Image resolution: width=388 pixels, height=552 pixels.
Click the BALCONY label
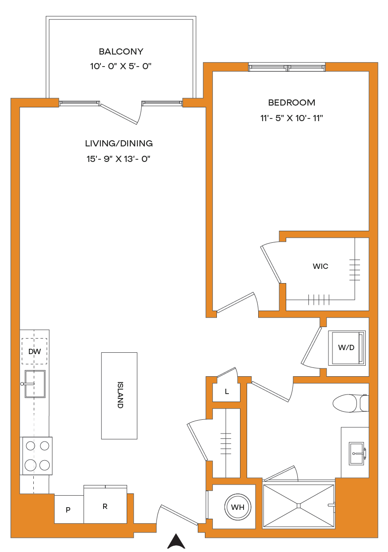[x=121, y=51]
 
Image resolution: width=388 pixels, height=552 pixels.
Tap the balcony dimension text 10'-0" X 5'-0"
[x=121, y=66]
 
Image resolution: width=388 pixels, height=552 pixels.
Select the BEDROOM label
[x=292, y=103]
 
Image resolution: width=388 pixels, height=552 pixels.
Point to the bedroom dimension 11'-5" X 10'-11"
[x=292, y=118]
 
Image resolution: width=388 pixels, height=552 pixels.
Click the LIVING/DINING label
[x=119, y=143]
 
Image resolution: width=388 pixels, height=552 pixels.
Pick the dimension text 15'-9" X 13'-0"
[x=119, y=159]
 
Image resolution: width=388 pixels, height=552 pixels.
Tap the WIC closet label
[x=320, y=266]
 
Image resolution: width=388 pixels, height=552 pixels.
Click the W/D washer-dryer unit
[x=347, y=348]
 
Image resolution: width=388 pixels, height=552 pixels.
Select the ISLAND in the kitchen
[x=119, y=396]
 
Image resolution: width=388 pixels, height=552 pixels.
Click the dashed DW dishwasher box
[x=34, y=351]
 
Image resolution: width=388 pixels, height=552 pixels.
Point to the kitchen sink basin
[x=35, y=384]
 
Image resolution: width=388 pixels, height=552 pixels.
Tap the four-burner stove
[x=37, y=456]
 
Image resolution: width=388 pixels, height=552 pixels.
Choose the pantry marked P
[x=68, y=509]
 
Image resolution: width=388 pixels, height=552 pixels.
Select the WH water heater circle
[x=238, y=507]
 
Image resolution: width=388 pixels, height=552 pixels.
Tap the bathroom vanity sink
[x=356, y=453]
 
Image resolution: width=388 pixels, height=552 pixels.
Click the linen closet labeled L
[x=227, y=391]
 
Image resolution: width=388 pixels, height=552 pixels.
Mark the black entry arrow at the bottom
[x=176, y=541]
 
